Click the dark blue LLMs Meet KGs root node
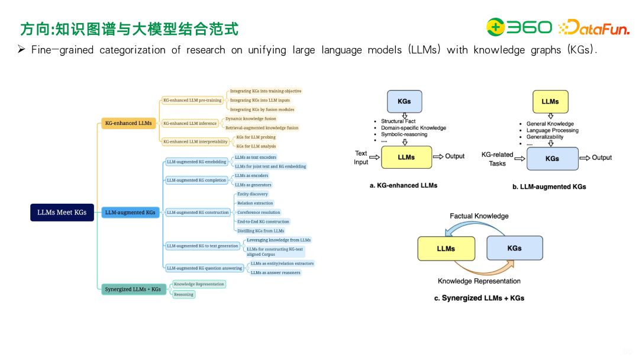click(62, 213)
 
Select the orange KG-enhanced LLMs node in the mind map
click(128, 124)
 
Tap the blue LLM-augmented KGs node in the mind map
click(130, 212)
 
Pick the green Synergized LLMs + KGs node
click(133, 289)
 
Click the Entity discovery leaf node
click(252, 194)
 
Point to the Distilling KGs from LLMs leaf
click(260, 231)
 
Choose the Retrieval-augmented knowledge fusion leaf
click(262, 128)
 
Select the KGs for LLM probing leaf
click(256, 137)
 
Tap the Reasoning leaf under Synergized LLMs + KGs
click(183, 294)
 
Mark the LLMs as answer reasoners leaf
click(275, 272)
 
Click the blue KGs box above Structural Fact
click(405, 101)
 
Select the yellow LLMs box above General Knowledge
click(550, 101)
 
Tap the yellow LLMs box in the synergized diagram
click(446, 249)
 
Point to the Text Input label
click(361, 157)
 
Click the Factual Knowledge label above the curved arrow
click(479, 216)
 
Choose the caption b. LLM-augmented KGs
click(549, 187)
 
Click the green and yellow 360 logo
click(519, 27)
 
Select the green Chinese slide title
click(129, 28)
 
